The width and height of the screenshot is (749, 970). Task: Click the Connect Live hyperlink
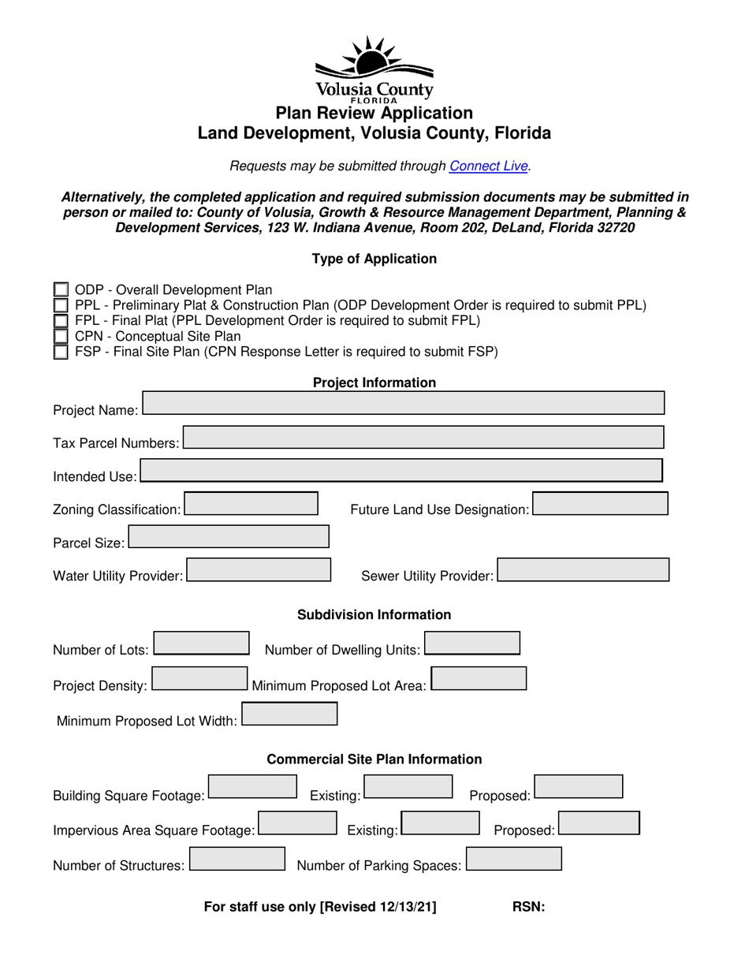(x=488, y=166)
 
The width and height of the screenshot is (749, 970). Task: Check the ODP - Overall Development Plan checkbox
(x=61, y=290)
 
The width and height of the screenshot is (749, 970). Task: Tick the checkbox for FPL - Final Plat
(x=61, y=321)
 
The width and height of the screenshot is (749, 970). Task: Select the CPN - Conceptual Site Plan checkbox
(x=61, y=337)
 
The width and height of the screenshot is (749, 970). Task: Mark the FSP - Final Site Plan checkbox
(x=61, y=352)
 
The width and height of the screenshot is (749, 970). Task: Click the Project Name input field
(x=403, y=403)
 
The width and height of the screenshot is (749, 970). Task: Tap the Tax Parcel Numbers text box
(x=423, y=437)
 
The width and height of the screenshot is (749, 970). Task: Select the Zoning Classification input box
(x=251, y=504)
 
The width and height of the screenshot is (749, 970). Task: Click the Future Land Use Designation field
(x=600, y=504)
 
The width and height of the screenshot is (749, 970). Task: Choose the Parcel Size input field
(x=229, y=537)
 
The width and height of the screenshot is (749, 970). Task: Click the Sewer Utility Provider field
(x=583, y=570)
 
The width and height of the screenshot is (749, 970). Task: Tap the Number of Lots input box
(x=201, y=644)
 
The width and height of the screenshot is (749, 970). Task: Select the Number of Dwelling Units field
(x=472, y=644)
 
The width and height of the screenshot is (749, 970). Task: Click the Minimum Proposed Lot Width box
(x=289, y=714)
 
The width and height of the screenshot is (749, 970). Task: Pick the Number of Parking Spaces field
(x=514, y=859)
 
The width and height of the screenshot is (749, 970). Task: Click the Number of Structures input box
(x=237, y=859)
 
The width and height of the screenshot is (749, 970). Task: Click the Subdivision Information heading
(x=374, y=615)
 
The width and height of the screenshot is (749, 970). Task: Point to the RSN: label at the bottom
(x=528, y=907)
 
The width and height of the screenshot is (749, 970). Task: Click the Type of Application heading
(x=374, y=259)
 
